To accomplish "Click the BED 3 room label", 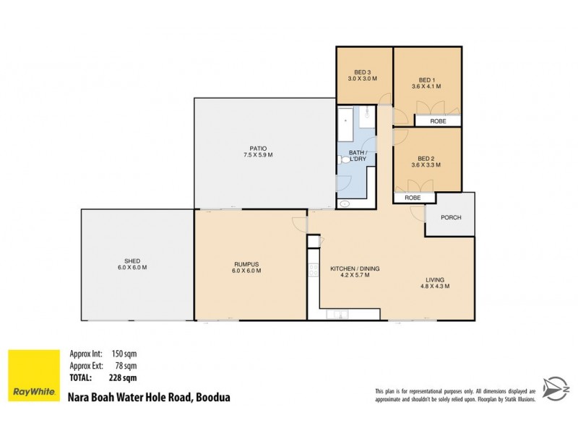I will click(x=363, y=71).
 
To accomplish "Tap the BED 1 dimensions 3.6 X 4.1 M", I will click(x=427, y=86).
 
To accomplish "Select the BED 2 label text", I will click(x=426, y=159).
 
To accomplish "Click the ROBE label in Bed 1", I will click(x=438, y=121).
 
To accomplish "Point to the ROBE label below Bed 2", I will click(x=413, y=197).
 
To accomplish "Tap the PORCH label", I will click(x=449, y=217).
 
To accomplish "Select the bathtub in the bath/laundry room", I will click(x=345, y=124).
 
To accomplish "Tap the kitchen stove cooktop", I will click(x=314, y=271).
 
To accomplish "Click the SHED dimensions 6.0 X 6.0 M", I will click(x=131, y=268).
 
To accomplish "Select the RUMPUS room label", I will click(x=246, y=263).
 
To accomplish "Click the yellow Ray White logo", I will click(x=33, y=375).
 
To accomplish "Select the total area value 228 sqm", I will click(x=124, y=377).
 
